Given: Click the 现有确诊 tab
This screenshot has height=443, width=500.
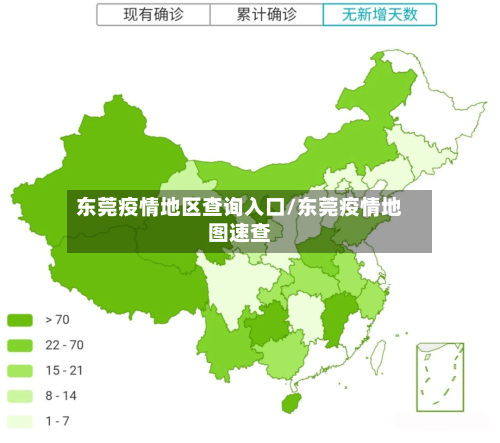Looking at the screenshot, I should click(153, 15).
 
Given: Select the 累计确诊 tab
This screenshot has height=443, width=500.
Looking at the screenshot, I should click(267, 15).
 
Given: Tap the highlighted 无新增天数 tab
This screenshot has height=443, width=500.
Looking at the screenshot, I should click(380, 15).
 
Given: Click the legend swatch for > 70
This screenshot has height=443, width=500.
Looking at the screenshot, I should click(21, 320).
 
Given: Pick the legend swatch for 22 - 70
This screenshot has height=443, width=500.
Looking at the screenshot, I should click(21, 345).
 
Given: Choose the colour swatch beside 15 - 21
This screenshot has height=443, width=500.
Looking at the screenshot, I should click(21, 370).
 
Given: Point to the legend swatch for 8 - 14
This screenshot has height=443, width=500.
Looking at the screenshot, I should click(21, 395).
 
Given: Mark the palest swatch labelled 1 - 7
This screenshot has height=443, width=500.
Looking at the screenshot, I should click(21, 420).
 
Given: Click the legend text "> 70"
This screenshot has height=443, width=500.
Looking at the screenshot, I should click(57, 320).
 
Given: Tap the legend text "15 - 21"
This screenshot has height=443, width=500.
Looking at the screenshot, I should click(64, 370).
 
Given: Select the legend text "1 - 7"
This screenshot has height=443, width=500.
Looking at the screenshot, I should click(57, 420).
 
